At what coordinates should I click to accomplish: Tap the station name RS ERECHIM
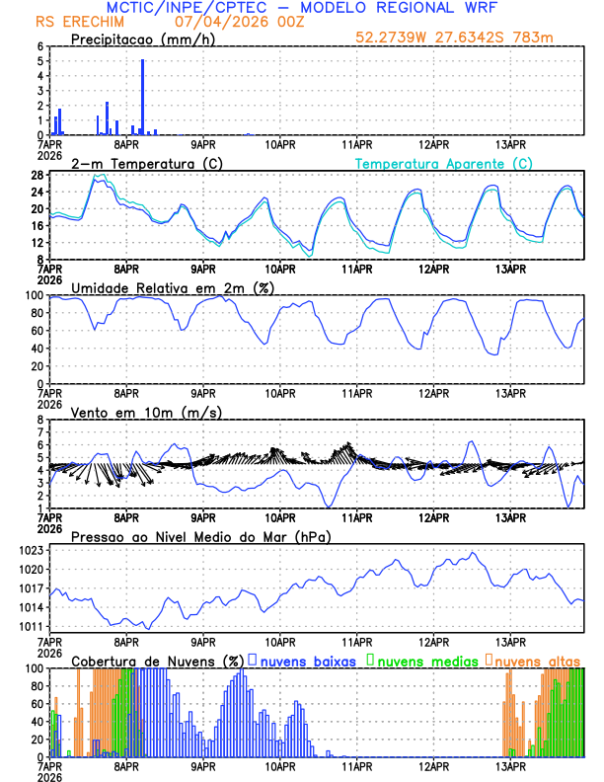coord(75,22)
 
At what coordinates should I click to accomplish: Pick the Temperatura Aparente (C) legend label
coord(443,163)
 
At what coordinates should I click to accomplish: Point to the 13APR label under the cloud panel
coord(510,766)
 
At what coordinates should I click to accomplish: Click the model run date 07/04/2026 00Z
coord(233,22)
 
